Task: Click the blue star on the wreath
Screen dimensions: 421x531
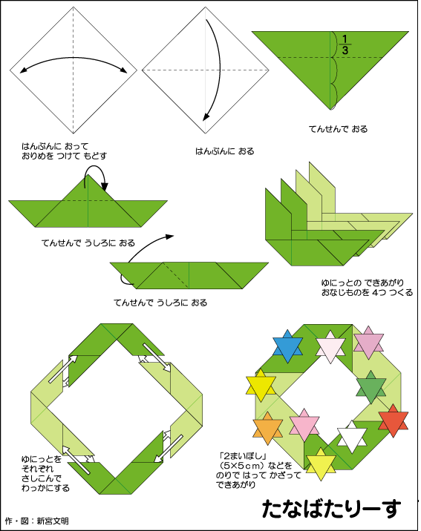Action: point(288,346)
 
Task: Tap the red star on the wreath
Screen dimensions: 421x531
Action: point(394,421)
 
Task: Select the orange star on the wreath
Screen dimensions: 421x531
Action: point(268,429)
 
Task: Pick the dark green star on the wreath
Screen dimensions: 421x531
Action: point(371,387)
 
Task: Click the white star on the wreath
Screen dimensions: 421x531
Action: point(352,437)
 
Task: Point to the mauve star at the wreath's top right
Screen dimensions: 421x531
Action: point(368,343)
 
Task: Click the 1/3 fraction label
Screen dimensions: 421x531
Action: point(345,44)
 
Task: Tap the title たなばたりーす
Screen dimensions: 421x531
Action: point(331,508)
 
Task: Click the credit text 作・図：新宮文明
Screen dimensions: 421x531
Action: point(36,521)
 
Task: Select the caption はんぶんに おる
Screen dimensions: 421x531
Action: point(225,151)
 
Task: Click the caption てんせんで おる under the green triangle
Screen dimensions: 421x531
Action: point(339,129)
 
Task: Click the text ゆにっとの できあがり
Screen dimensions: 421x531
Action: point(362,283)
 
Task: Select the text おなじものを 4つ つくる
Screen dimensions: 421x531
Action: point(368,292)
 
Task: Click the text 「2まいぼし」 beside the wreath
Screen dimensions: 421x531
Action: point(242,456)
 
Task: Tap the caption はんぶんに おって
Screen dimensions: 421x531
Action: point(55,146)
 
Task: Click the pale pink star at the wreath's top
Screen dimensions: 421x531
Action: point(330,348)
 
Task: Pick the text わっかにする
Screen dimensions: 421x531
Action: point(45,488)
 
